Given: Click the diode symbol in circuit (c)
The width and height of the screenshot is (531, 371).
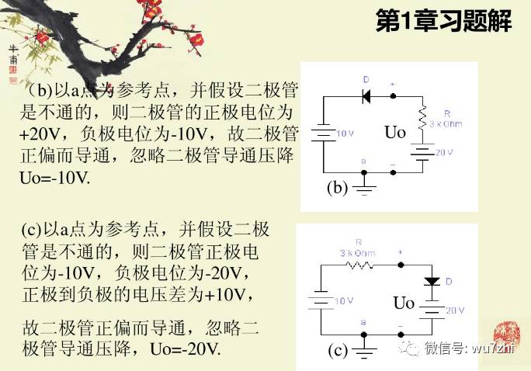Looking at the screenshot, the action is click(x=431, y=280).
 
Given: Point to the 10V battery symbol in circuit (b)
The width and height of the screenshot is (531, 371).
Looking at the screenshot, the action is click(x=323, y=133).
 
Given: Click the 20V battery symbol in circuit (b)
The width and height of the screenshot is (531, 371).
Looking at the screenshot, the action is click(x=422, y=153).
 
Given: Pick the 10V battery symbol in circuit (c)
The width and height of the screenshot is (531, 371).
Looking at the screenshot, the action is click(x=321, y=300).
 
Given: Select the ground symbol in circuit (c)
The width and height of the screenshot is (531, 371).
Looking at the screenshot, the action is click(x=363, y=352).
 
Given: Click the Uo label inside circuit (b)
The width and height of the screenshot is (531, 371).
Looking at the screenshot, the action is click(x=395, y=133).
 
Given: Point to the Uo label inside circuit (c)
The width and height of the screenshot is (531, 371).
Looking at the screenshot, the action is click(x=404, y=303).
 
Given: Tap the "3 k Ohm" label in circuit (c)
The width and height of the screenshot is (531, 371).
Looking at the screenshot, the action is click(x=357, y=253).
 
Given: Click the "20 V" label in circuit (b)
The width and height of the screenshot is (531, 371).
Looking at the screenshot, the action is click(x=443, y=153).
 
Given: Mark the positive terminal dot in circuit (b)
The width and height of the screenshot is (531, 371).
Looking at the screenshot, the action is click(x=394, y=96).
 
